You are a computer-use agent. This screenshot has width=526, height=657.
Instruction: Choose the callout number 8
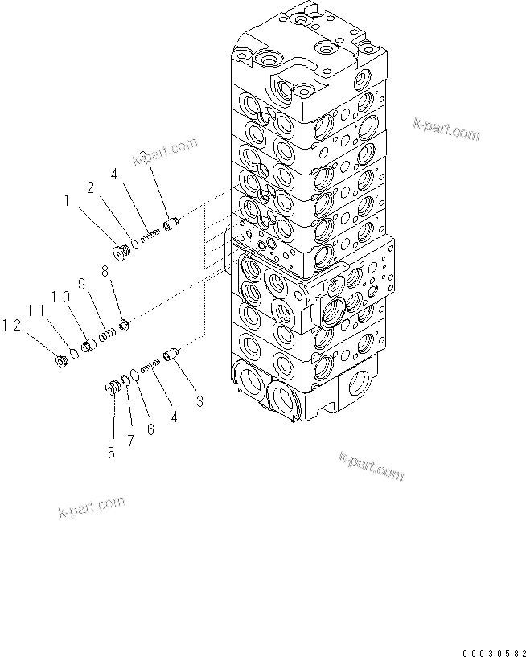pyautogui.click(x=104, y=273)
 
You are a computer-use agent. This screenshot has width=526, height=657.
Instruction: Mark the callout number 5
pyautogui.click(x=111, y=454)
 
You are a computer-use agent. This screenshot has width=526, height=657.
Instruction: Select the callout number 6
pyautogui.click(x=150, y=429)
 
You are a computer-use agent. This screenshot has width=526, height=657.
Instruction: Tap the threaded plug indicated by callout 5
pyautogui.click(x=113, y=389)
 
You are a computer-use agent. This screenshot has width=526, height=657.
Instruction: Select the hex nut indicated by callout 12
pyautogui.click(x=60, y=360)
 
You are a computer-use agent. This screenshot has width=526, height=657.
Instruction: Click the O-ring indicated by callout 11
pyautogui.click(x=73, y=352)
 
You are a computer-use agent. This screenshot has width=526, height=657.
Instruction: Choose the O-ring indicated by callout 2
pyautogui.click(x=134, y=244)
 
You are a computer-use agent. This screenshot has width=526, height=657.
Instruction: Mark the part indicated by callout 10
pyautogui.click(x=88, y=345)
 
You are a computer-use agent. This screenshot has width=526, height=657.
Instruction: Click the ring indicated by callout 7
pyautogui.click(x=126, y=380)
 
